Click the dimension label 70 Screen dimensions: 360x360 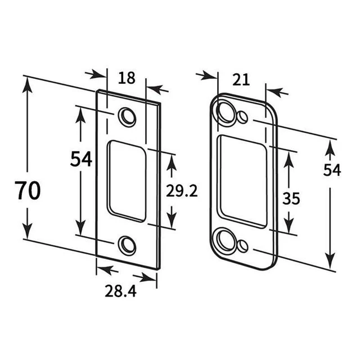(x=29, y=190)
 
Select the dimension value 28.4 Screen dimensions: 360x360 (x=121, y=291)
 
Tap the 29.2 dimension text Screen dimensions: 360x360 (x=182, y=191)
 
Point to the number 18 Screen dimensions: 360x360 (x=127, y=78)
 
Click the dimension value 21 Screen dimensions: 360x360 (x=241, y=80)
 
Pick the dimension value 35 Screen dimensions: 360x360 (x=291, y=199)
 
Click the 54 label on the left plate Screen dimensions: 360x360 (x=81, y=159)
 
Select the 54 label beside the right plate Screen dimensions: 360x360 (x=332, y=170)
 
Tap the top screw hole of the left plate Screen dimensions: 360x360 (x=127, y=116)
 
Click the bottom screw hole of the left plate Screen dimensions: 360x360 (x=127, y=245)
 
